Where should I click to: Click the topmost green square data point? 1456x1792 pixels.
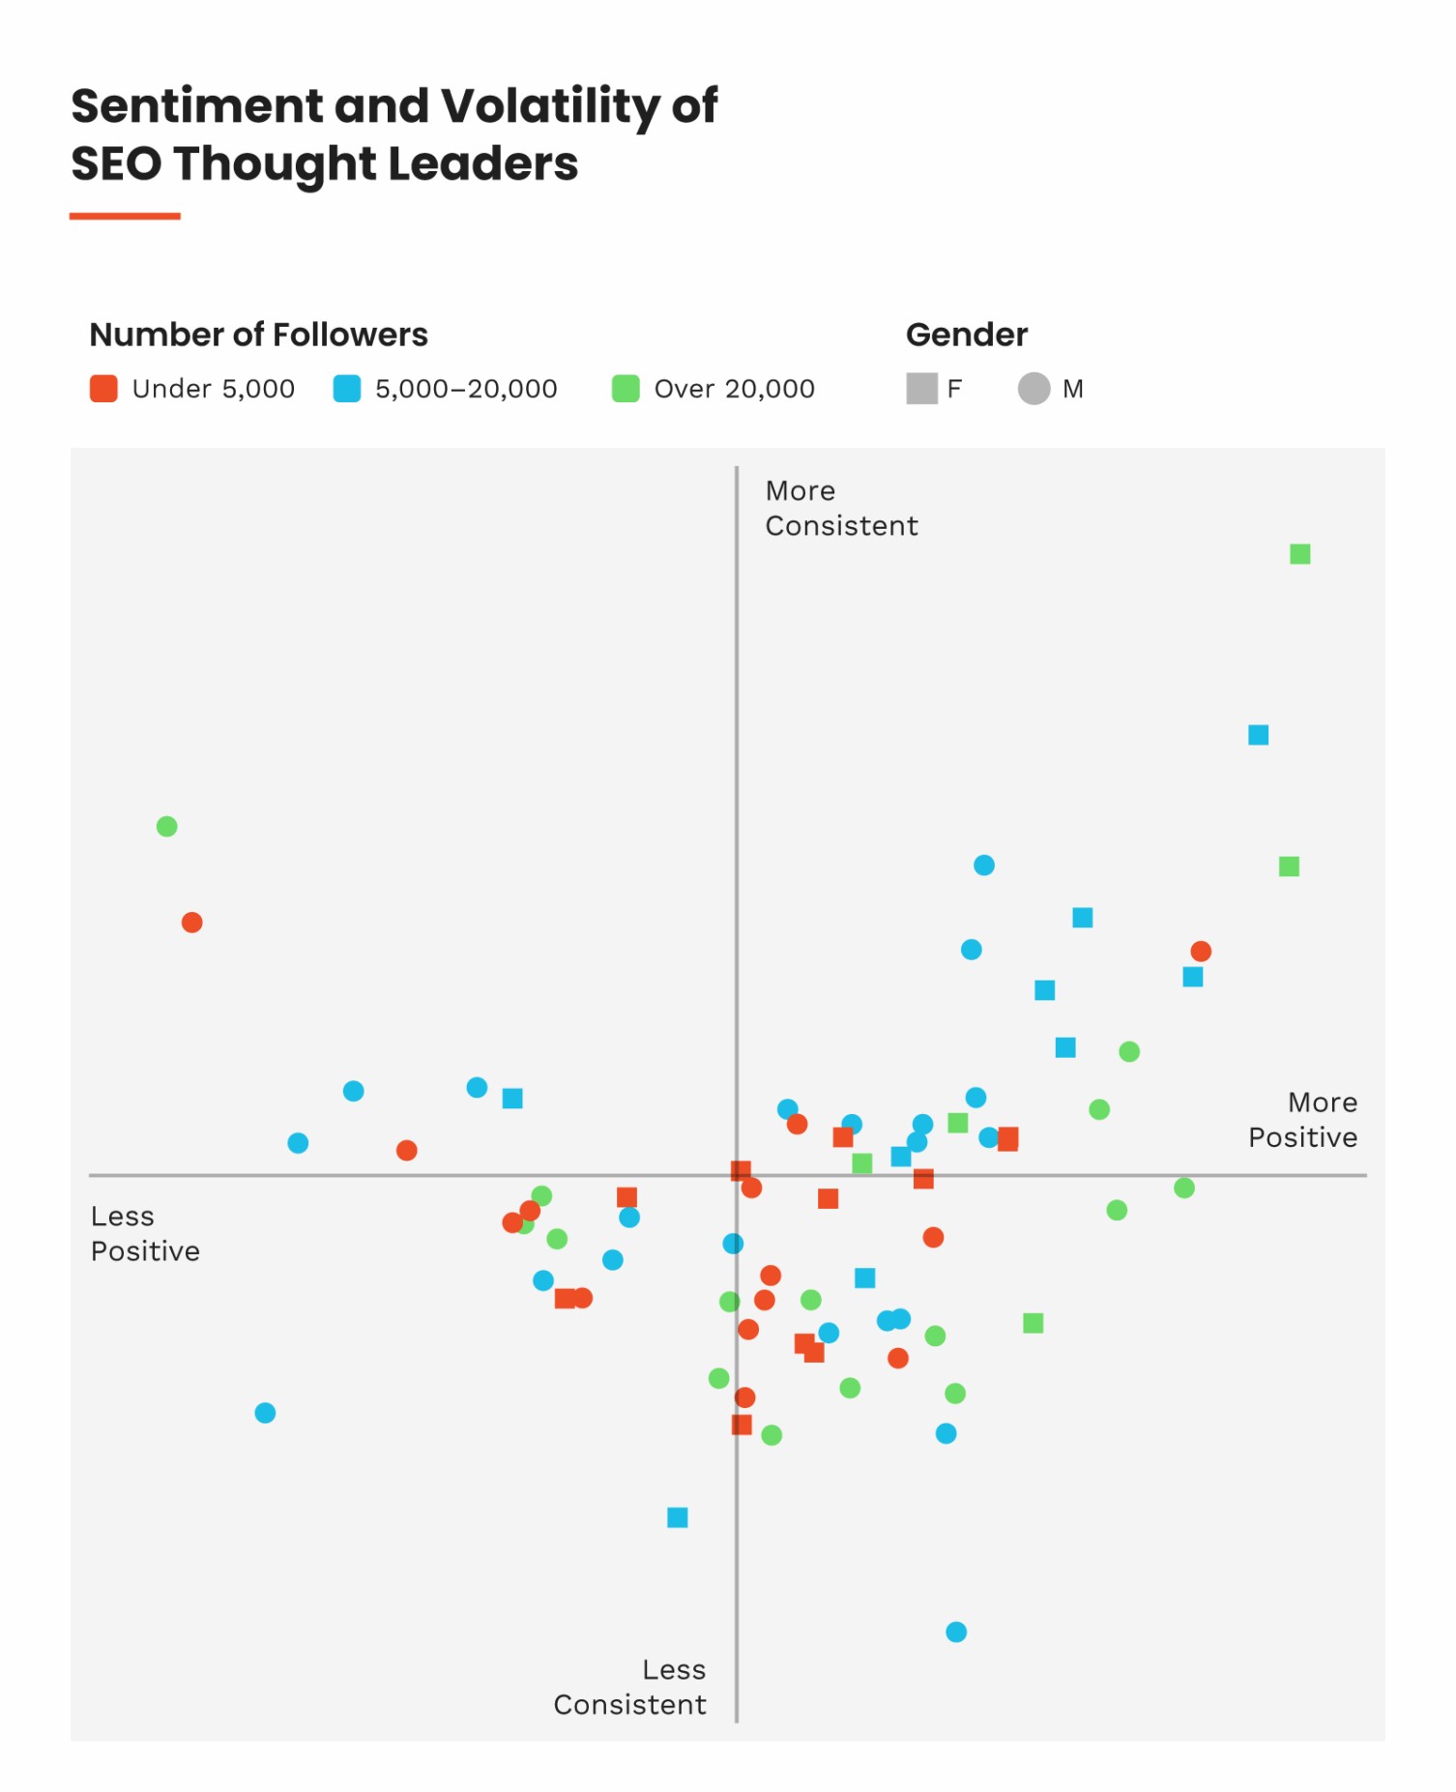click(x=1299, y=554)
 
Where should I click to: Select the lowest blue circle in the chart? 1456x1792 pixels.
click(x=955, y=1632)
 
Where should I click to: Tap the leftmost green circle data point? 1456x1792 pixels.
click(x=166, y=827)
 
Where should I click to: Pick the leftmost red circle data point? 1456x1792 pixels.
click(x=191, y=923)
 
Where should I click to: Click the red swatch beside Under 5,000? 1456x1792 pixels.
click(x=103, y=389)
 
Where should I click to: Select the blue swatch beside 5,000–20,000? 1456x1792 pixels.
click(x=346, y=389)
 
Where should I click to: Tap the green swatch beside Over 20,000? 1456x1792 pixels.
click(x=626, y=389)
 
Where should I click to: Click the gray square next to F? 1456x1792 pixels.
click(x=921, y=389)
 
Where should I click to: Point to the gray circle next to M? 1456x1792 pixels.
click(x=1034, y=389)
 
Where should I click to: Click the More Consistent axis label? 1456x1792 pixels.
click(x=840, y=509)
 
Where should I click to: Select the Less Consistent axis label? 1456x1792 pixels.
click(x=630, y=1687)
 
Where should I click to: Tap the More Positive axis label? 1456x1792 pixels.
click(x=1302, y=1120)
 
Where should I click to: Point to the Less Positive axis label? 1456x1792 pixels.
click(x=145, y=1233)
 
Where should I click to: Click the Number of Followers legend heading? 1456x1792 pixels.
click(x=258, y=335)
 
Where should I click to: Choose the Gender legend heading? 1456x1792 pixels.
click(x=966, y=335)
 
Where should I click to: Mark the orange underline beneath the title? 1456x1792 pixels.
click(x=125, y=217)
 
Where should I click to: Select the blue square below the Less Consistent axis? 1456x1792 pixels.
click(x=677, y=1517)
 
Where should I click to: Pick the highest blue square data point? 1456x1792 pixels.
click(x=1258, y=735)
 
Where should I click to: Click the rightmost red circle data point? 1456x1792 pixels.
click(x=1200, y=952)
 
